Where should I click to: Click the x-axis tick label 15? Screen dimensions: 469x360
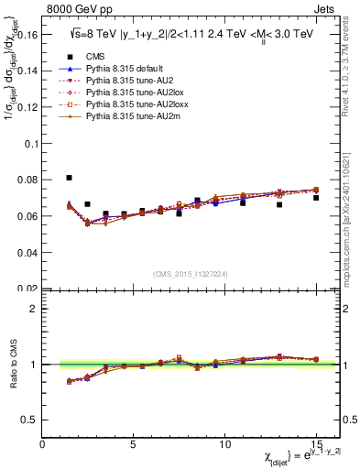click(x=316, y=443)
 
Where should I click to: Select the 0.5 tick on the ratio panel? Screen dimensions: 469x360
click(x=29, y=420)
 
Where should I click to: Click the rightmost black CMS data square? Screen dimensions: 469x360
click(x=316, y=198)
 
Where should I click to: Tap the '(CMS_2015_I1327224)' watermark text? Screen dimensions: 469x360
click(x=190, y=273)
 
